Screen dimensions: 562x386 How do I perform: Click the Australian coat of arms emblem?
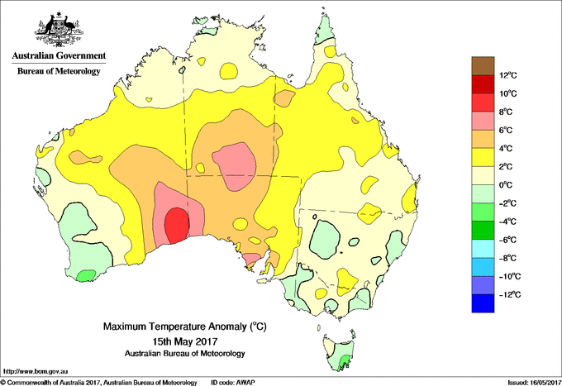point(60,30)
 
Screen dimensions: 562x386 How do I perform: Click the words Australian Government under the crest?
point(59,55)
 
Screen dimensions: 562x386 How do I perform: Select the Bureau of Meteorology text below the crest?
point(59,71)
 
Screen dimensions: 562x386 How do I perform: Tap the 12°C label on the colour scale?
point(508,75)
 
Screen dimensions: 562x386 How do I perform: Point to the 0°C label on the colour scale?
point(506,185)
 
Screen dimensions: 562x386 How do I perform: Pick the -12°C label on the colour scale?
point(510,294)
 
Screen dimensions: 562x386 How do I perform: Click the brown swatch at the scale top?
point(483,66)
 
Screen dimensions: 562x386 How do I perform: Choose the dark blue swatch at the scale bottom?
point(483,303)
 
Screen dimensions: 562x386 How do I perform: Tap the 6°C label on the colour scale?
point(506,130)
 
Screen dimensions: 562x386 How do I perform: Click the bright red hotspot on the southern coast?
point(177,226)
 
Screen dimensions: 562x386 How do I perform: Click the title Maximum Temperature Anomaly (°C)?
point(185,326)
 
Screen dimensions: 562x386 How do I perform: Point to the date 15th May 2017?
point(185,341)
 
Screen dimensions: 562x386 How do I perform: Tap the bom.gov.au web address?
point(35,372)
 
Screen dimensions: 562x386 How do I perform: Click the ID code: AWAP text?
point(233,383)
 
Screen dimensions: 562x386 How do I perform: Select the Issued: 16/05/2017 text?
point(535,383)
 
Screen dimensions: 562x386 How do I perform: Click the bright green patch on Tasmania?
point(344,361)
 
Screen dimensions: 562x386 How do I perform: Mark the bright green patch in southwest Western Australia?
point(86,275)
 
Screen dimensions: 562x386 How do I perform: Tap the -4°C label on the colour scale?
point(507,222)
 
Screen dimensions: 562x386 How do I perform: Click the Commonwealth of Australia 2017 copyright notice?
point(99,383)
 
